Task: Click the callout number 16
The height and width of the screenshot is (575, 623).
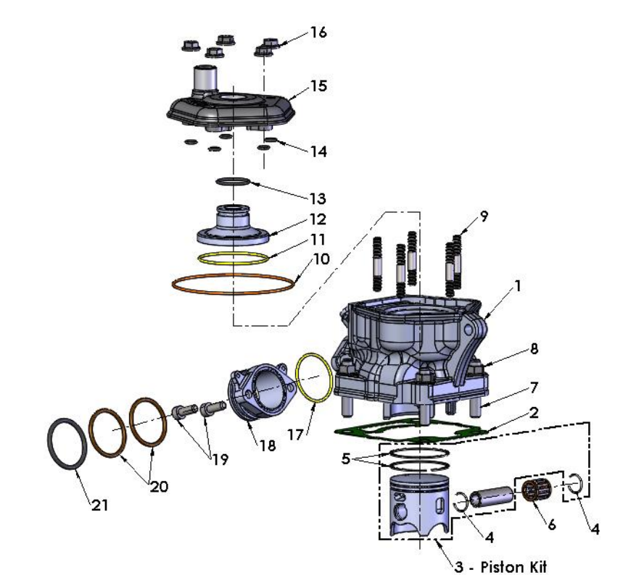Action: (x=318, y=32)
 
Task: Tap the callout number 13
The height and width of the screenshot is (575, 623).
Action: (x=318, y=198)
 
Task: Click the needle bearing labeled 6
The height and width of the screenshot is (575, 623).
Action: (x=534, y=491)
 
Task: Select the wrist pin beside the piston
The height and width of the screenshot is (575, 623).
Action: (x=491, y=498)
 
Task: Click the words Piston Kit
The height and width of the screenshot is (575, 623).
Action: (x=513, y=566)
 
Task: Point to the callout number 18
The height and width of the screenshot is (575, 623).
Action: (x=268, y=445)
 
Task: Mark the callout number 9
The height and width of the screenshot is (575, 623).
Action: (x=484, y=217)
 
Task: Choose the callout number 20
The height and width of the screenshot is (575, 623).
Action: (x=159, y=487)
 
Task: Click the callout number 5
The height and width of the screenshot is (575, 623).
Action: (x=346, y=459)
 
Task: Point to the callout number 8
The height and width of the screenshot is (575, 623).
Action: (x=534, y=349)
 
